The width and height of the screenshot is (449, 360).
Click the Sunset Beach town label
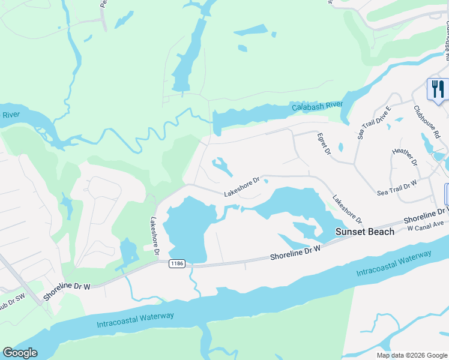[364, 232]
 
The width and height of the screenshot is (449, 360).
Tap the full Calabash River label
[317, 106]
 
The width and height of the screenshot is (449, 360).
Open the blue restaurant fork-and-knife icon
[436, 89]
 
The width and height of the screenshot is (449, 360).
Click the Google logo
[20, 353]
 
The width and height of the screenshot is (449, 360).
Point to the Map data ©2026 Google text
[411, 355]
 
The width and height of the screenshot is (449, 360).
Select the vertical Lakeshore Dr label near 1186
[155, 238]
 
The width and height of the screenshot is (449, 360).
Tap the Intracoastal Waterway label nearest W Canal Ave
[394, 264]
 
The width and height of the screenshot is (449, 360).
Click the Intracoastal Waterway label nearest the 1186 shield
[135, 320]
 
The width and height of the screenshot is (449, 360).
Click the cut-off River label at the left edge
[11, 114]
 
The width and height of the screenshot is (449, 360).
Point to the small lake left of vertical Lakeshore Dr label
[128, 252]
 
